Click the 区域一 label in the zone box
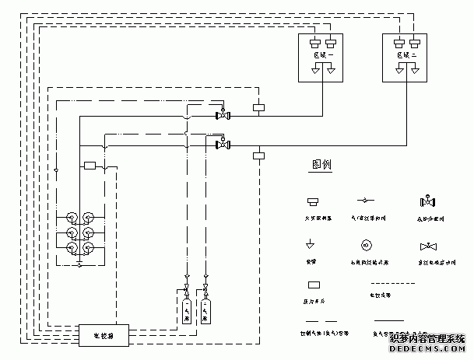pos(322,56)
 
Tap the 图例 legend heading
pos(321,166)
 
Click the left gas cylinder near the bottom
pos(187,310)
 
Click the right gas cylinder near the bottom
pos(205,310)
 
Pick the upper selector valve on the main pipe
pos(223,116)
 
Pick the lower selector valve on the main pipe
pos(223,143)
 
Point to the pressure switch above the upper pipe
pos(259,107)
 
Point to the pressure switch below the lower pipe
pos(259,156)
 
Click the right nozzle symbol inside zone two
pos(415,72)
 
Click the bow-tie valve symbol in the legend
pos(427,246)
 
